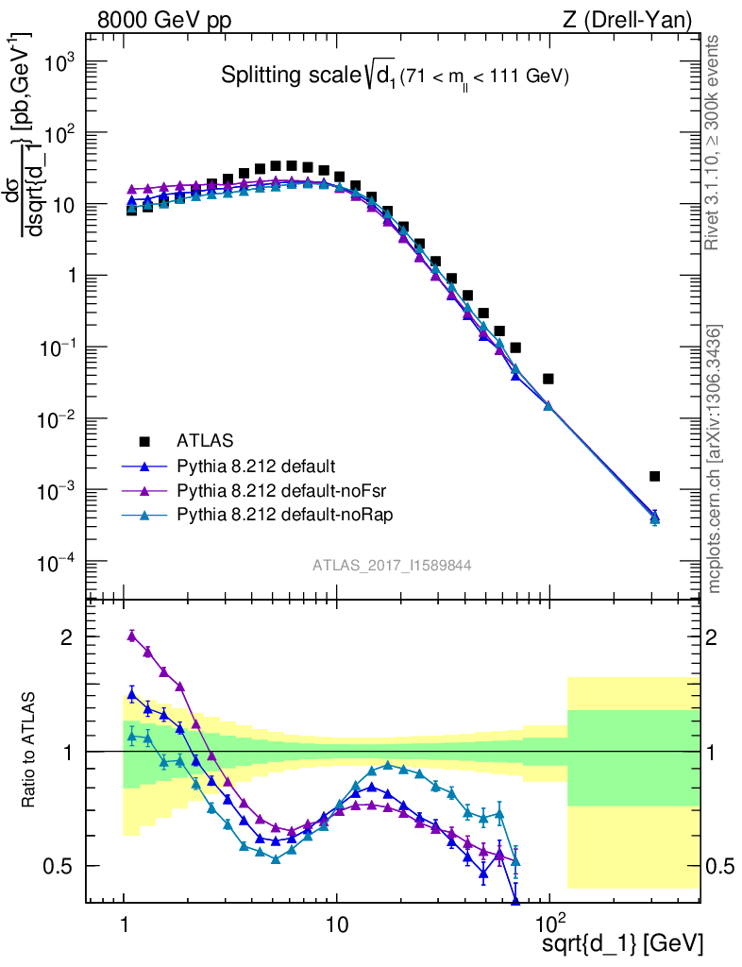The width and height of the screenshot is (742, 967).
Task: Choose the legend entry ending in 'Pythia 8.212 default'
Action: pyautogui.click(x=257, y=466)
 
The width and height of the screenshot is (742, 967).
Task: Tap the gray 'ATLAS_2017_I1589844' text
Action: pyautogui.click(x=392, y=566)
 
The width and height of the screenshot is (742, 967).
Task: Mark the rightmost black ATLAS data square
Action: pyautogui.click(x=655, y=476)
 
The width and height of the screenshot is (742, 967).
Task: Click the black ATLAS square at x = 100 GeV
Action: pyautogui.click(x=548, y=379)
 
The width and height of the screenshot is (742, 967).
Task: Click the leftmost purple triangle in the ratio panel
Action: pyautogui.click(x=132, y=636)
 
